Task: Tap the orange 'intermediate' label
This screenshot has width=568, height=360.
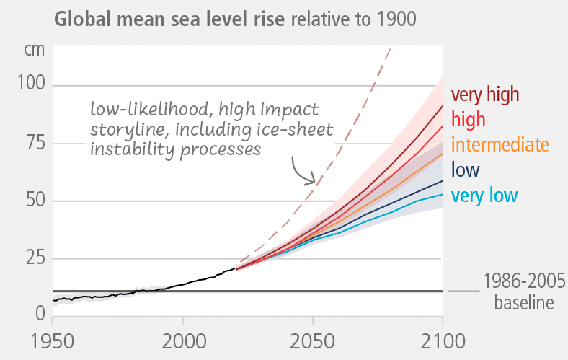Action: [x=500, y=144]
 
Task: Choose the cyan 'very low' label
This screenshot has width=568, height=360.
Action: [x=484, y=195]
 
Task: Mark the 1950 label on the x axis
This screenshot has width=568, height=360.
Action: [x=54, y=341]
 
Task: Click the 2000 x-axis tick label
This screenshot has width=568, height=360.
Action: [x=183, y=341]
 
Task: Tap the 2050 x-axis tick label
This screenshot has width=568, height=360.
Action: [x=313, y=341]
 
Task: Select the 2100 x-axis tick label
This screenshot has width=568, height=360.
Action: [x=441, y=341]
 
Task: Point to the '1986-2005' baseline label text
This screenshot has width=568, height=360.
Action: [x=517, y=280]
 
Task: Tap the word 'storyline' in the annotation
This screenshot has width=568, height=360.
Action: [x=124, y=129]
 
